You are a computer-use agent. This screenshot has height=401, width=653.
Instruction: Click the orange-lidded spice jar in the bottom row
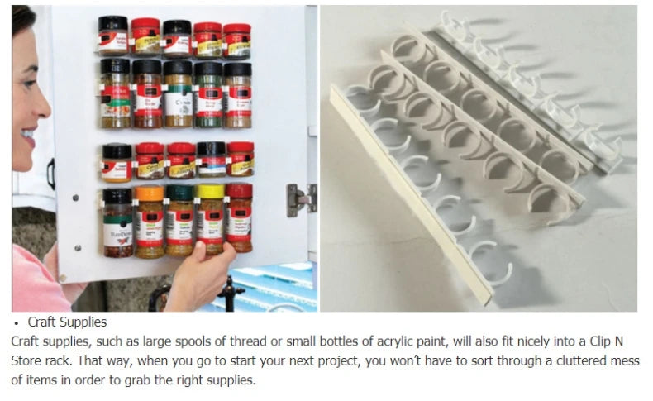pyautogui.click(x=150, y=222)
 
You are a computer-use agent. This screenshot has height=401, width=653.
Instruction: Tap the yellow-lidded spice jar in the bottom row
pyautogui.click(x=210, y=219)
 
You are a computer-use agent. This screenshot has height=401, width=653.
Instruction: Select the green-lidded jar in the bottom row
pyautogui.click(x=179, y=219)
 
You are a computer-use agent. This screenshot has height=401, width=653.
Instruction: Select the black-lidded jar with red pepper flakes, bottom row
pyautogui.click(x=118, y=222)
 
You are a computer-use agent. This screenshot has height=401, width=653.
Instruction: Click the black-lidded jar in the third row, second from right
pyautogui.click(x=210, y=160)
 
